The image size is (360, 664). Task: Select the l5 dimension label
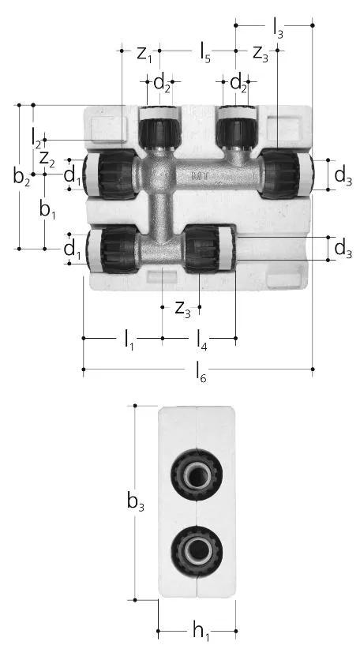pos(204,54)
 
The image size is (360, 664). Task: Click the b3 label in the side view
pos(136,503)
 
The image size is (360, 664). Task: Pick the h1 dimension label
pos(201,632)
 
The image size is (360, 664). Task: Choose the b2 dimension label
pos(21,177)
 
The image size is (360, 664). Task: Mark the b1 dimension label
pos(47,209)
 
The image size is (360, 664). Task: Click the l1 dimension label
pos(129,340)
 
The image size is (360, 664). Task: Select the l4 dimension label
pos(201,340)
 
